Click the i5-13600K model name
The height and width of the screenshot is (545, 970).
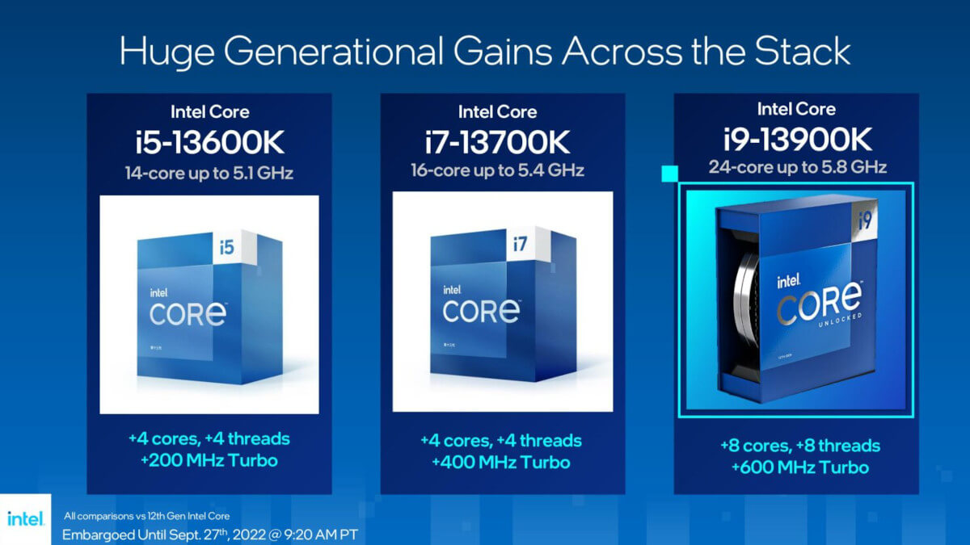[209, 144]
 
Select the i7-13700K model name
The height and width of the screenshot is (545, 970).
[502, 144]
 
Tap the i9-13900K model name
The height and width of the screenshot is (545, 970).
[796, 139]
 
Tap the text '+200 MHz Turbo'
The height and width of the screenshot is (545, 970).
[209, 461]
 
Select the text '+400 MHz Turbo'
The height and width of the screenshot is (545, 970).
[501, 463]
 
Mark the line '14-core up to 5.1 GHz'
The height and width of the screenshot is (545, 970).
[209, 172]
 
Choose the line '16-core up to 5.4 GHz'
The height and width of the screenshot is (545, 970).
[502, 171]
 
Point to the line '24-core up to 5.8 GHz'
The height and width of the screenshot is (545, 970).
[797, 167]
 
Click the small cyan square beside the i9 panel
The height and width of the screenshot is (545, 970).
[668, 174]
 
